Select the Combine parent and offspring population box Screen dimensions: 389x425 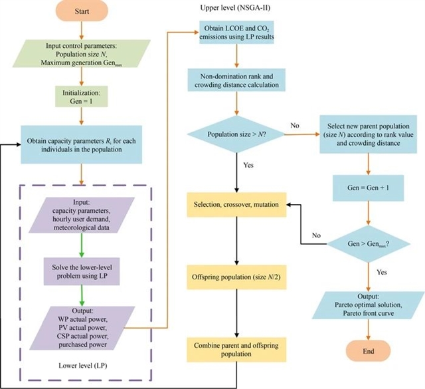pos(236,350)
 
